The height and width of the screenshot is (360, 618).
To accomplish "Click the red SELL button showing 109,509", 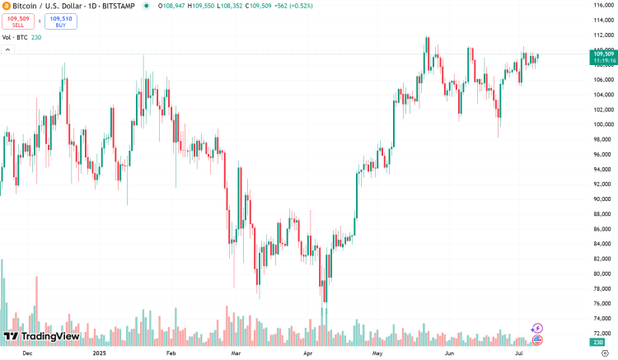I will coord(18,21).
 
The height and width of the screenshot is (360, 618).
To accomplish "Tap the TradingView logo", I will coord(41,336).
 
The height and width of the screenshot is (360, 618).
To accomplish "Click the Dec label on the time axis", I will coord(27,353).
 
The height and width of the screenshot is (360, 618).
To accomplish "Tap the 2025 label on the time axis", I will coord(100,353).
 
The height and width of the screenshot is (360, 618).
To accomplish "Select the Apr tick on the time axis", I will coord(308,353).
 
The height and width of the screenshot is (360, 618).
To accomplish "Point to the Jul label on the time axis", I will coord(519,353).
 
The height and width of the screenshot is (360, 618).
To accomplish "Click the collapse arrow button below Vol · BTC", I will coord(7,49).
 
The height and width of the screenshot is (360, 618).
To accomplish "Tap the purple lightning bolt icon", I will coord(537,328).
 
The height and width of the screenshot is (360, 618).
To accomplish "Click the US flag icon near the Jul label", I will coord(537,339).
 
